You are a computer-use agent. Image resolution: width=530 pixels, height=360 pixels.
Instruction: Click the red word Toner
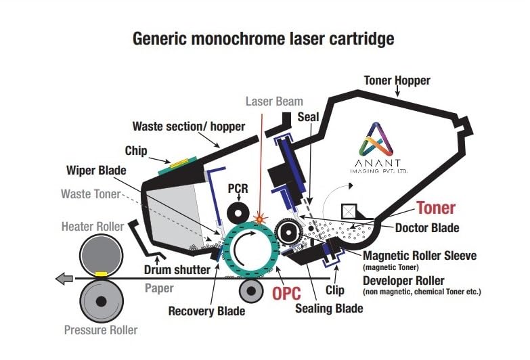(435, 208)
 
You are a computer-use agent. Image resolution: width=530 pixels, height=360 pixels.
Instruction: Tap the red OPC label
(287, 294)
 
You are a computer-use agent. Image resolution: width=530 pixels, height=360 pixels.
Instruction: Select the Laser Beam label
(274, 102)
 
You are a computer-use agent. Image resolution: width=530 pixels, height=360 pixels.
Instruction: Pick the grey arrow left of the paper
(65, 277)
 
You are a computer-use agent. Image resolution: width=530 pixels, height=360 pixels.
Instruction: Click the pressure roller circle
(101, 300)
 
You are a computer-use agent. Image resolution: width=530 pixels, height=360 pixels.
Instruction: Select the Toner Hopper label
(397, 81)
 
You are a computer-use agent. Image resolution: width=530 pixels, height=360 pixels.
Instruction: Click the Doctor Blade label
(426, 228)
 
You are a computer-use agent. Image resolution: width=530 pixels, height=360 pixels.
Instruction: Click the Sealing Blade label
(329, 309)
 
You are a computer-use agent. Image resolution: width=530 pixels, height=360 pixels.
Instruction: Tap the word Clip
(334, 290)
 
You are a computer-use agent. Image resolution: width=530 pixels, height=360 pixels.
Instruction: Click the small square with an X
(349, 211)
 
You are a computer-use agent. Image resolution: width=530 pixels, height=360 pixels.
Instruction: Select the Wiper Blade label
(95, 170)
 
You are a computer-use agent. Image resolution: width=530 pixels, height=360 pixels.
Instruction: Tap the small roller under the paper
(251, 290)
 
